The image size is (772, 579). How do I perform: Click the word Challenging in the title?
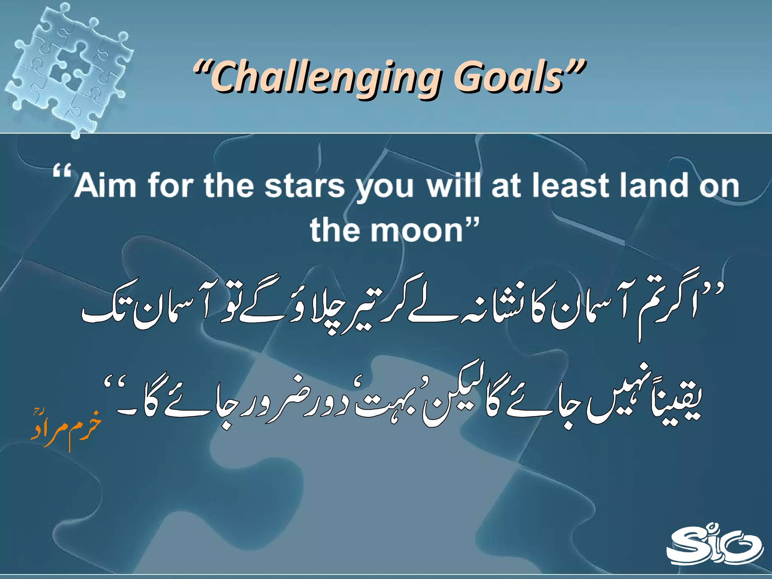coord(326,79)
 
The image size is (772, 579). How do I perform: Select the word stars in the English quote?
coord(305,185)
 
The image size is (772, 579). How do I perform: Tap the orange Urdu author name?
coord(66,430)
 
